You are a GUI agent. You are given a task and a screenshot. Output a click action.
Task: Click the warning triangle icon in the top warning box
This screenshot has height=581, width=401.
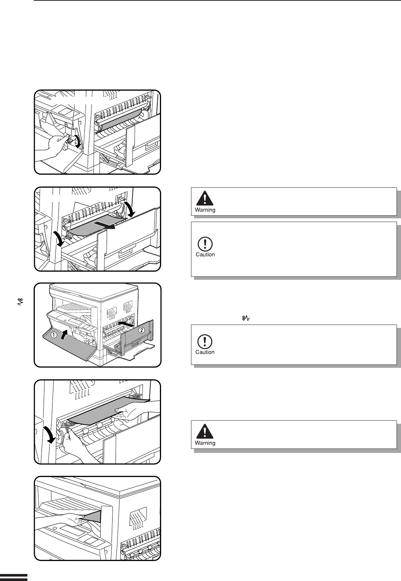pyautogui.click(x=205, y=198)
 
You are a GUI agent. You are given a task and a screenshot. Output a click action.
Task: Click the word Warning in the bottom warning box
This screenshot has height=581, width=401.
pyautogui.click(x=205, y=443)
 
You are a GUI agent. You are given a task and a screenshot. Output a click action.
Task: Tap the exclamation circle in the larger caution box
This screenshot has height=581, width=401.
pyautogui.click(x=205, y=244)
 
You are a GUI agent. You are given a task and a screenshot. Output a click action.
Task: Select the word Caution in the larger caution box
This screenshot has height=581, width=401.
pyautogui.click(x=205, y=255)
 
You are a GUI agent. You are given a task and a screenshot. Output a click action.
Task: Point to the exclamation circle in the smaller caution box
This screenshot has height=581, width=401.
pyautogui.click(x=205, y=341)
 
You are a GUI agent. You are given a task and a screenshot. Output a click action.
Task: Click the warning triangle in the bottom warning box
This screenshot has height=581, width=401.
pyautogui.click(x=205, y=431)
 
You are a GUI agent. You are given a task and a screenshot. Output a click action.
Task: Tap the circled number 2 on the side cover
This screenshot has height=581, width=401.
pyautogui.click(x=141, y=330)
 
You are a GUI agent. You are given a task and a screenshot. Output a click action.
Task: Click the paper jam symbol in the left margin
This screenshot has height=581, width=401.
pyautogui.click(x=21, y=303)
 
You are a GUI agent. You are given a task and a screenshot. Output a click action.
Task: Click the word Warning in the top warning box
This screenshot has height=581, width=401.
pyautogui.click(x=205, y=210)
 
